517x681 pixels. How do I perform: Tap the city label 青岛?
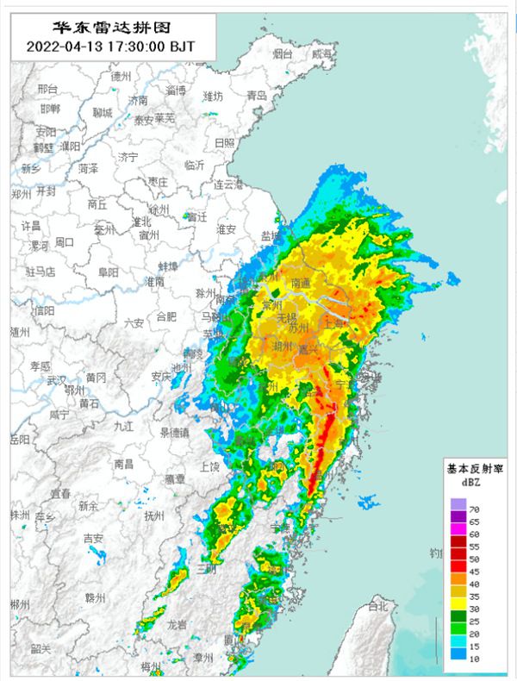257,96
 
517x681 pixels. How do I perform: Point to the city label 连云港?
230,184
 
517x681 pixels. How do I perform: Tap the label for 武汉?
57,380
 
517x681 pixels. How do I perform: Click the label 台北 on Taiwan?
377,607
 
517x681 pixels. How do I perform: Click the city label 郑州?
20,195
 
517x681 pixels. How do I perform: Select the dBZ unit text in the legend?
458,483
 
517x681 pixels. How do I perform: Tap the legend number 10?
473,658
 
